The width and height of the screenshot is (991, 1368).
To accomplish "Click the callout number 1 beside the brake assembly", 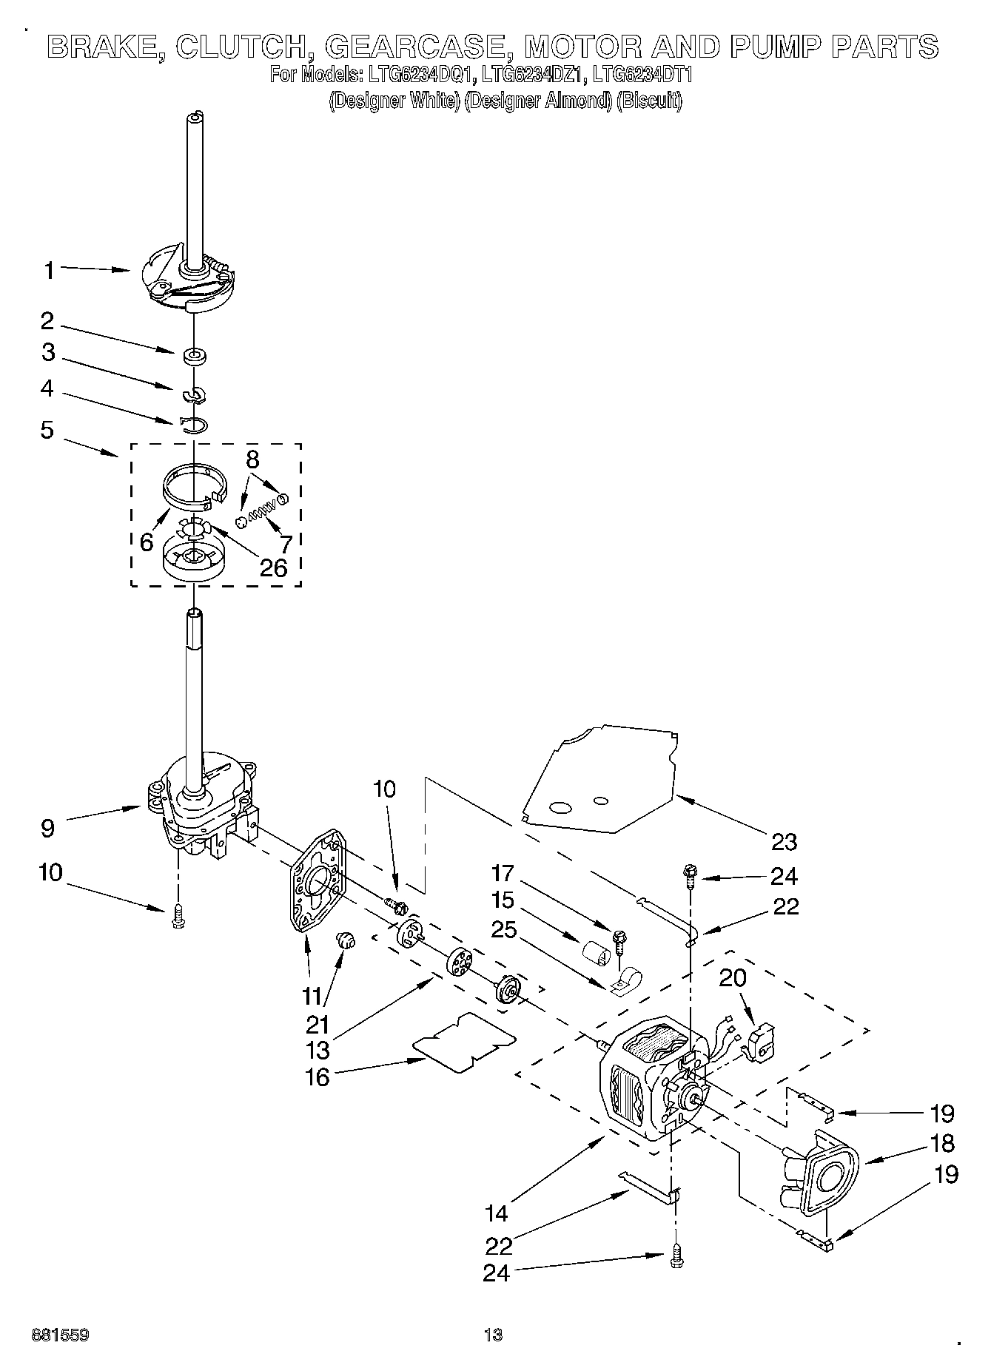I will coord(48,271).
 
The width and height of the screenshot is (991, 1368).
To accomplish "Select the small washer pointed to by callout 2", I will coord(195,357).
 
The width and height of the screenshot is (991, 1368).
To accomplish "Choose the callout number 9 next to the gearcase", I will coord(47,827).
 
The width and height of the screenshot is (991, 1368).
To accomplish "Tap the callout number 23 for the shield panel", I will coord(784,841).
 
